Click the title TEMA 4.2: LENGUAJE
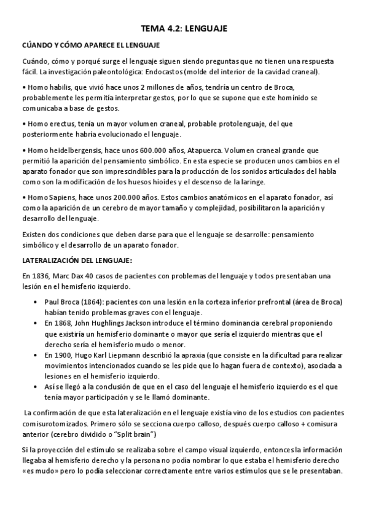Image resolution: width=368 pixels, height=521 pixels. [184, 28]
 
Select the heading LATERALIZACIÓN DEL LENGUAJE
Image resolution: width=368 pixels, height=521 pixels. [77, 260]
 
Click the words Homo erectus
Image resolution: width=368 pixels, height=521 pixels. [45, 123]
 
